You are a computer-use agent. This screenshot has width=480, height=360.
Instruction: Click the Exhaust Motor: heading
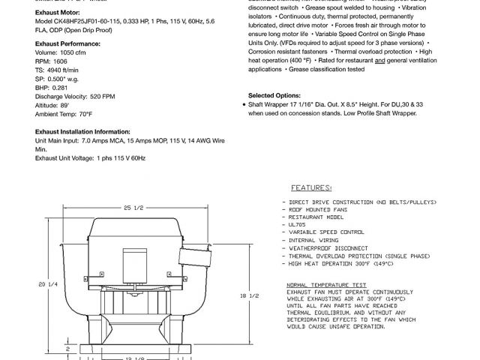point(58,12)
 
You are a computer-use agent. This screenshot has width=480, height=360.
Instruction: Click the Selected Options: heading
point(277,95)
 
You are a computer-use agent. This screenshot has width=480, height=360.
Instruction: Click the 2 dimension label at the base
point(67,349)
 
